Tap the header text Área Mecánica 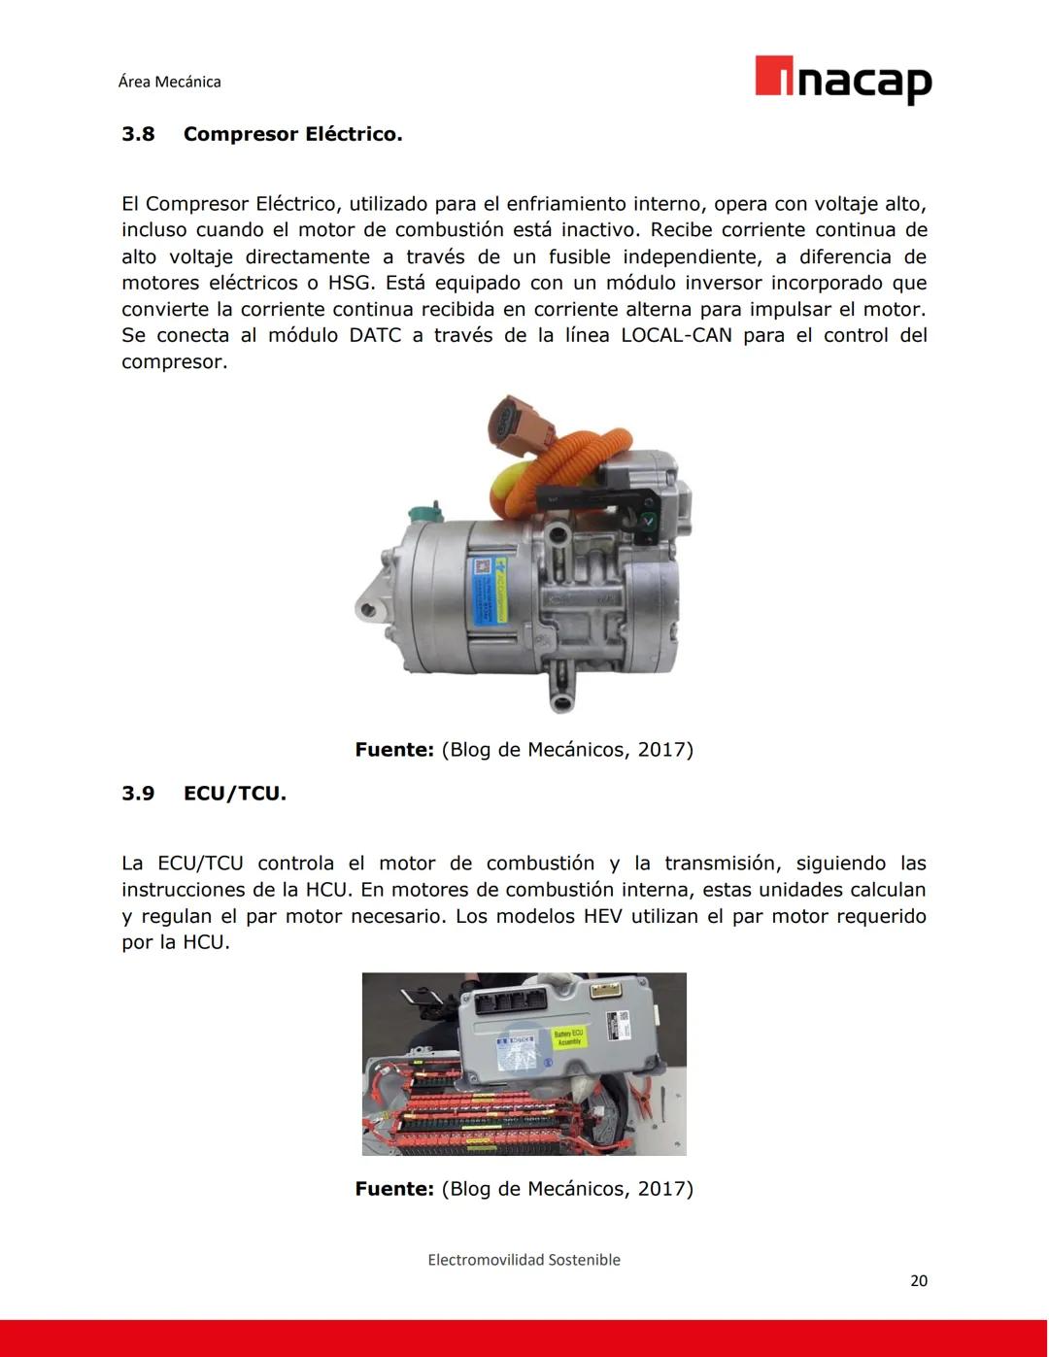click(169, 82)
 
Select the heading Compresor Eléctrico click(292, 134)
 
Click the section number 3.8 click(138, 134)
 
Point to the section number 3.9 click(138, 794)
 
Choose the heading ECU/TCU click(234, 794)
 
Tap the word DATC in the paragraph click(374, 335)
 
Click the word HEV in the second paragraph click(602, 916)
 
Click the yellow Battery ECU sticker click(568, 1037)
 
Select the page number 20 click(918, 1280)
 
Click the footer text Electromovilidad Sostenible click(524, 1260)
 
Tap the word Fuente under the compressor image click(393, 750)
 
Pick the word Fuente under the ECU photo click(393, 1189)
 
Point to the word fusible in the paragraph click(579, 256)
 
